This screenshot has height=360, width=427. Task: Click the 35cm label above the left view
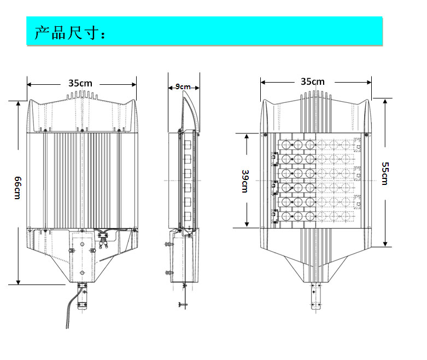pos(80,84)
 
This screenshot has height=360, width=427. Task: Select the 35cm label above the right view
pos(313,82)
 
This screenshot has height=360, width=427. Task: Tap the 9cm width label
pos(183,86)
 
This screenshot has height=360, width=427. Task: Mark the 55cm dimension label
pos(385,173)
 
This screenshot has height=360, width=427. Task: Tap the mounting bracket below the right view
pos(315,296)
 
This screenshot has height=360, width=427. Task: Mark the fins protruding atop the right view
pos(316,95)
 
